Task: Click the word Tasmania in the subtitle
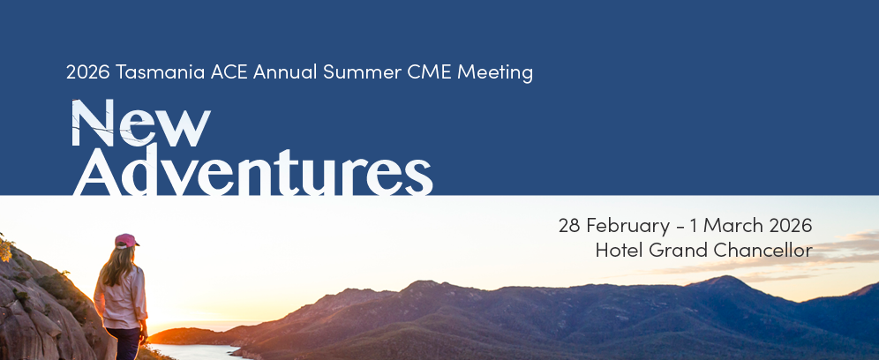[161, 71]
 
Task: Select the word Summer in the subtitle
[362, 71]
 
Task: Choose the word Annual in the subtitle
[285, 71]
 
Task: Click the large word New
[140, 123]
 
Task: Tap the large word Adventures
[252, 170]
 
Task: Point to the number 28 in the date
[569, 225]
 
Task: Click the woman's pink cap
[127, 241]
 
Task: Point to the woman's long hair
[118, 266]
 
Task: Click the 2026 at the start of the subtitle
[88, 71]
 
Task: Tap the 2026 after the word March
[791, 225]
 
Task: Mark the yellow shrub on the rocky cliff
[5, 250]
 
